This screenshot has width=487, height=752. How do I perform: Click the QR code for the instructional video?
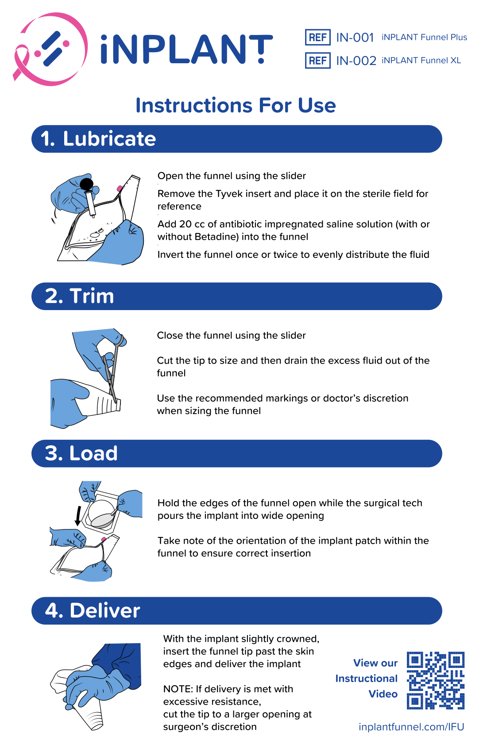click(x=435, y=680)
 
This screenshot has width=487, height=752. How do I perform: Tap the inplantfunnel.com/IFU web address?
click(x=411, y=726)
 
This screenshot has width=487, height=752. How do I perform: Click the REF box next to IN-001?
click(x=317, y=37)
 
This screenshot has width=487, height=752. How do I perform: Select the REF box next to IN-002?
click(x=317, y=61)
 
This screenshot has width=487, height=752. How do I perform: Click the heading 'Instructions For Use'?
click(x=236, y=105)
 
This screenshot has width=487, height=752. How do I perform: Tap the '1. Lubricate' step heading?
click(x=98, y=138)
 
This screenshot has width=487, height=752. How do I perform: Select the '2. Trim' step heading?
click(x=79, y=296)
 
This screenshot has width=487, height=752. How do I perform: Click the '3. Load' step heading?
click(x=81, y=453)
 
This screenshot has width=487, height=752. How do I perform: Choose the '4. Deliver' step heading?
click(x=93, y=610)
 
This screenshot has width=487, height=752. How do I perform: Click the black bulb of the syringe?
click(x=87, y=184)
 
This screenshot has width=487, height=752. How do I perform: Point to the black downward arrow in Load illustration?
click(x=78, y=516)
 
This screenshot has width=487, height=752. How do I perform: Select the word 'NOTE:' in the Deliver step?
click(x=178, y=689)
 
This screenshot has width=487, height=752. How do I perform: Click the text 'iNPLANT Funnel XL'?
click(x=421, y=61)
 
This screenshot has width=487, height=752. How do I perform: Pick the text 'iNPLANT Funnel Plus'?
click(x=424, y=37)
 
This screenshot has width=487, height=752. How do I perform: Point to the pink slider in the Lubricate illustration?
click(x=120, y=188)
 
